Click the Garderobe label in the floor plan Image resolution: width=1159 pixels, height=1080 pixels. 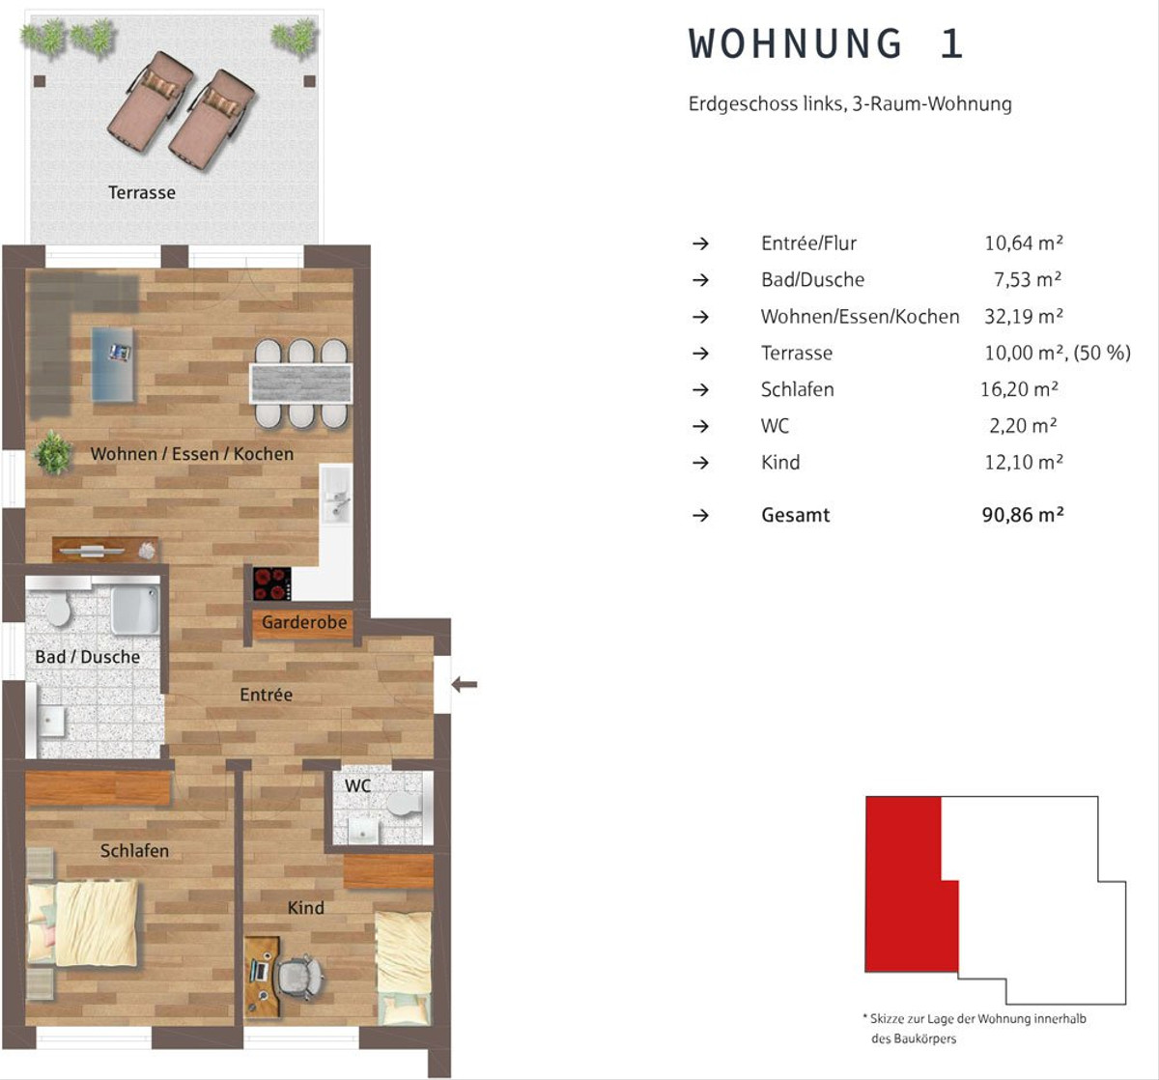[x=304, y=622]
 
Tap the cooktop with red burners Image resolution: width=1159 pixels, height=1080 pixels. [x=272, y=583]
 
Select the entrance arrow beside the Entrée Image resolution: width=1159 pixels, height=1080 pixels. [x=465, y=684]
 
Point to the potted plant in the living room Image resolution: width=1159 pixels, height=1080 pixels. [x=54, y=452]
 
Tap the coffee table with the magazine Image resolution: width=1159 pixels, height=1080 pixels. [x=113, y=364]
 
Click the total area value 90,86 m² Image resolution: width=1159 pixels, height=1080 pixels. [x=1023, y=515]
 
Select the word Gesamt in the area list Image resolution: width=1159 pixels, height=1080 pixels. [x=796, y=515]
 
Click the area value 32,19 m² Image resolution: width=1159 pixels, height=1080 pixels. [x=1024, y=317]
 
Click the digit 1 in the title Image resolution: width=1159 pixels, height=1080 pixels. [x=951, y=43]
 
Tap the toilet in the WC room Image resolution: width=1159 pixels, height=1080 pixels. [x=404, y=804]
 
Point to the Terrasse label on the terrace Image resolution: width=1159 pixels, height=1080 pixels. [x=142, y=192]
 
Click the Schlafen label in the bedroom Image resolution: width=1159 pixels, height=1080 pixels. [x=134, y=851]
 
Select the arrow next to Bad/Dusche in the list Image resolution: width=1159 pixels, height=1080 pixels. [x=700, y=280]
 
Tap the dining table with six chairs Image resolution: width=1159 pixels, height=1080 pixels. [x=301, y=384]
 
